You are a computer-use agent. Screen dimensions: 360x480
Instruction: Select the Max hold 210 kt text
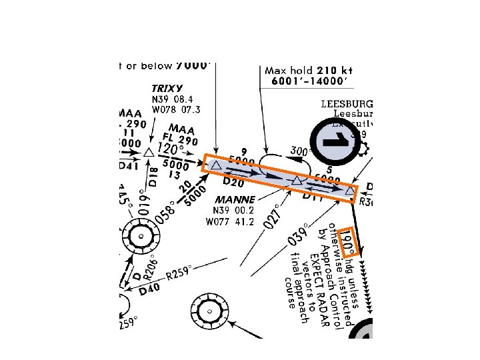[308, 70]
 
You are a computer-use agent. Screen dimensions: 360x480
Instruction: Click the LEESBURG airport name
[347, 105]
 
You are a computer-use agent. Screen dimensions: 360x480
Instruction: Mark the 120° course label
[170, 148]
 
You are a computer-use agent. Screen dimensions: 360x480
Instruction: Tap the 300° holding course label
[301, 151]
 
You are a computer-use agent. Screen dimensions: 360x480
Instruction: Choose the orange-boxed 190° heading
[347, 243]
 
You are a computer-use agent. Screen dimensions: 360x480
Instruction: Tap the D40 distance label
[149, 289]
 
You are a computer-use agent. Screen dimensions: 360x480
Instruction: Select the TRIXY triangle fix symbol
[148, 153]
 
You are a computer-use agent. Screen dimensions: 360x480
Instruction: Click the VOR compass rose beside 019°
[141, 235]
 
